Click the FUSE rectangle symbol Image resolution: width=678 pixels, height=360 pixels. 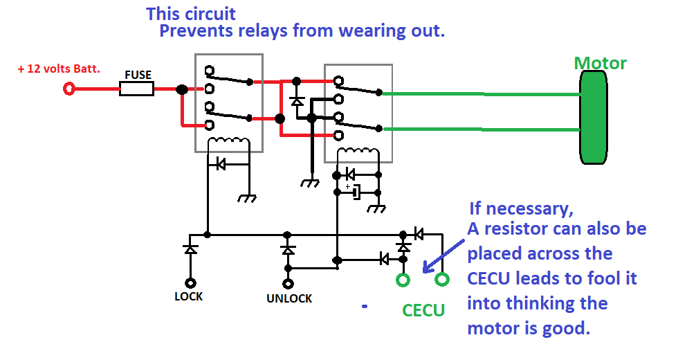[x=137, y=89]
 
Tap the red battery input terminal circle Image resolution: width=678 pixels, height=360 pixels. [x=69, y=89]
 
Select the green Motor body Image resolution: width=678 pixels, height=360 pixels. [x=594, y=117]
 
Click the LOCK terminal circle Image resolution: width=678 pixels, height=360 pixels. [x=190, y=283]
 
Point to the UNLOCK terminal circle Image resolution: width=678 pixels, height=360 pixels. [x=288, y=284]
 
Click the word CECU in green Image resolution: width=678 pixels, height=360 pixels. [x=423, y=310]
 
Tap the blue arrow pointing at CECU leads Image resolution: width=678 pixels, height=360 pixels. [x=443, y=256]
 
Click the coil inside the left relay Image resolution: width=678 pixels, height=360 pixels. [x=229, y=141]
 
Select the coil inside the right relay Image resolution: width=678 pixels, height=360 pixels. [x=358, y=152]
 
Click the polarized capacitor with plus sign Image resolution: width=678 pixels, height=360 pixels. [x=356, y=192]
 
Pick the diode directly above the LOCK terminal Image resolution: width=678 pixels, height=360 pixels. [x=190, y=249]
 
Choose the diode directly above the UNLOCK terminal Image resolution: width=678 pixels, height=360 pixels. [x=288, y=250]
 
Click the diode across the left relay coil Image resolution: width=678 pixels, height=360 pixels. [x=221, y=164]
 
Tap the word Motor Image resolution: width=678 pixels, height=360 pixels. [x=601, y=63]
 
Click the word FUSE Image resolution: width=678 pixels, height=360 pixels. [x=138, y=75]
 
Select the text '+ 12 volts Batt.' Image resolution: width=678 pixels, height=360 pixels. [x=59, y=69]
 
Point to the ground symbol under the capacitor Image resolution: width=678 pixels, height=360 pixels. [x=376, y=209]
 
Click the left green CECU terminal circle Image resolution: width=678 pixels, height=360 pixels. [x=403, y=280]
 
